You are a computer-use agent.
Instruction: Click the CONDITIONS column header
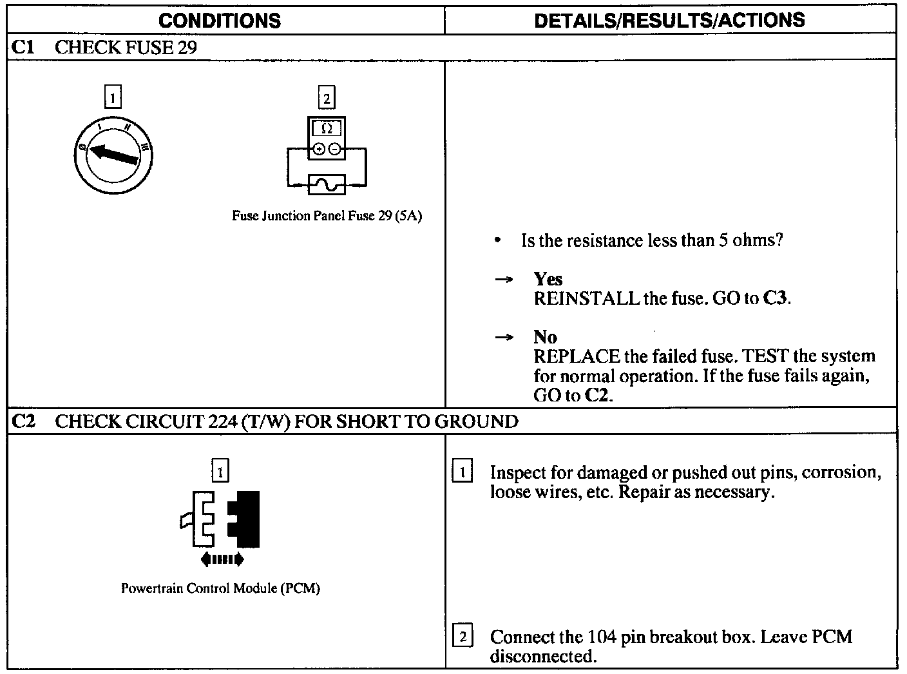(220, 21)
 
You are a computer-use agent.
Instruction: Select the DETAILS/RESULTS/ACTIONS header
(669, 20)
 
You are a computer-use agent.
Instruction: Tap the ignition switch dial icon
(113, 155)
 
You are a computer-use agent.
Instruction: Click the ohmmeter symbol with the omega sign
(327, 138)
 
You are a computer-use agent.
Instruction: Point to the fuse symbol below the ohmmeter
(327, 184)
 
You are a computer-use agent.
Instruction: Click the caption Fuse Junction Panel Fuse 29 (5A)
(327, 216)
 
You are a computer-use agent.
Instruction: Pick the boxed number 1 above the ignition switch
(113, 98)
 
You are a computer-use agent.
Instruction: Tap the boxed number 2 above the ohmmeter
(327, 98)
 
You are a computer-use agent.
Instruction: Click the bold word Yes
(548, 279)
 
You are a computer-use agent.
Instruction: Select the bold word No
(545, 337)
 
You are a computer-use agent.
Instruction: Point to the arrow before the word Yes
(503, 280)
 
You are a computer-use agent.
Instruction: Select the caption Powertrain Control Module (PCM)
(220, 588)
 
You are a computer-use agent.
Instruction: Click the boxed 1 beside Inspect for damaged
(463, 472)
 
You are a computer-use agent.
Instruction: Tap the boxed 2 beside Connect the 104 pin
(463, 637)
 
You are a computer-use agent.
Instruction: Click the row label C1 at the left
(23, 47)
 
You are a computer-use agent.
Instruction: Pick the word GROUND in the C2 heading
(476, 421)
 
